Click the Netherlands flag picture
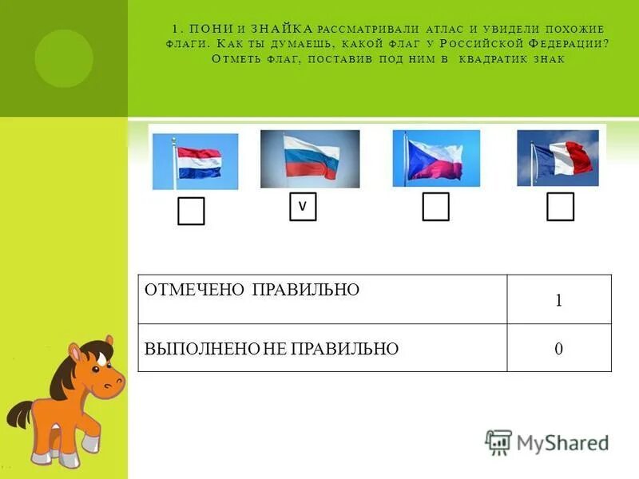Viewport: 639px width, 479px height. (195, 160)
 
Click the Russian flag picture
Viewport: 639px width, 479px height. (310, 158)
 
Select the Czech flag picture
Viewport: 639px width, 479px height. (436, 158)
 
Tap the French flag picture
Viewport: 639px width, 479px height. (558, 157)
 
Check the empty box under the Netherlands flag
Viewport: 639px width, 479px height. (191, 212)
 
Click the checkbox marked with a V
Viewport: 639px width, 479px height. (303, 206)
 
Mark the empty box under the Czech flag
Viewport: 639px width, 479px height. (435, 206)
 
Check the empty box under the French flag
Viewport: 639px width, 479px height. (560, 206)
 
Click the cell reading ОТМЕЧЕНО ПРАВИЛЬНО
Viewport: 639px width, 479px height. (322, 299)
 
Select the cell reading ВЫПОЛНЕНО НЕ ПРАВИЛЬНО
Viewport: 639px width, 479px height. (322, 348)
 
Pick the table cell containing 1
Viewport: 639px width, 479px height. (559, 300)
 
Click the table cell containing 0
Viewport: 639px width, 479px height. (559, 348)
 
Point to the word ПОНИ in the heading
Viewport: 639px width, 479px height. (210, 29)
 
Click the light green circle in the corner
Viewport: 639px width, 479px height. (63, 58)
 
